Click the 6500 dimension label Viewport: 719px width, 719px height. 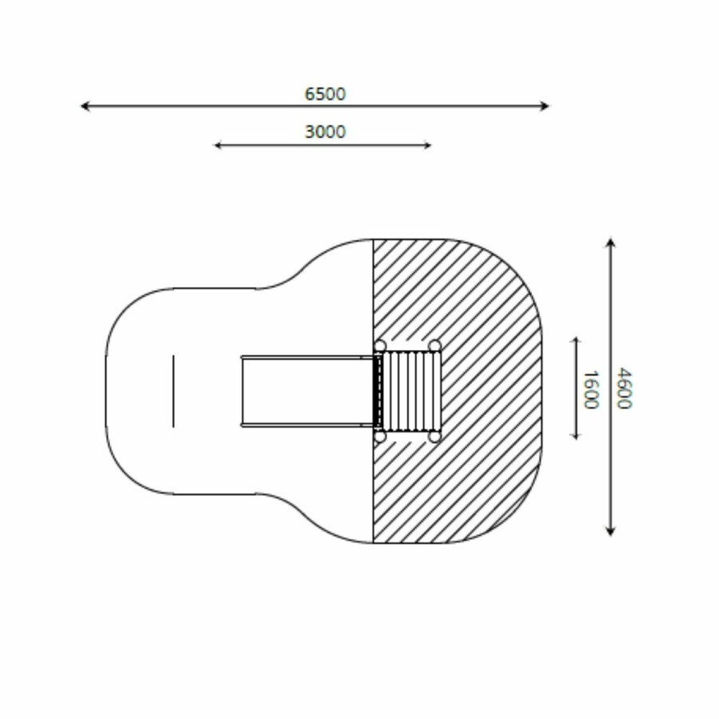pyautogui.click(x=325, y=94)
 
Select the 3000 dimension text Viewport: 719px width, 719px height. pyautogui.click(x=325, y=132)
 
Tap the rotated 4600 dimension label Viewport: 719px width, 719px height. pyautogui.click(x=624, y=388)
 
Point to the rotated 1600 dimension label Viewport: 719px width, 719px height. pyautogui.click(x=591, y=389)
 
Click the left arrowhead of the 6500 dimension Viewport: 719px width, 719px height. pyautogui.click(x=85, y=106)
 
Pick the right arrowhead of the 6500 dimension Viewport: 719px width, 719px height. pyautogui.click(x=544, y=106)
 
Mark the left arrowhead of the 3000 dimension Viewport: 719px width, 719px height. pyautogui.click(x=218, y=145)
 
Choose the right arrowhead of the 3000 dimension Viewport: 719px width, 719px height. pyautogui.click(x=427, y=145)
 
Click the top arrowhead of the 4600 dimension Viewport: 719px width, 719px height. pyautogui.click(x=610, y=241)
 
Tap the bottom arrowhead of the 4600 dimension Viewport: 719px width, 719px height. pyautogui.click(x=610, y=531)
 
